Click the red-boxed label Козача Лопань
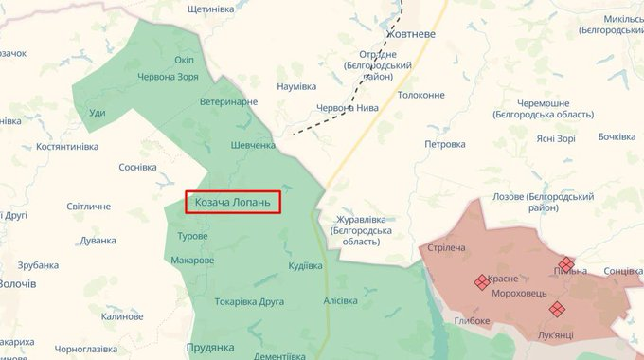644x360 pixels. tap(233, 202)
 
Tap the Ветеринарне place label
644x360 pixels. tap(228, 101)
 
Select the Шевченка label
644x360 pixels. tap(253, 145)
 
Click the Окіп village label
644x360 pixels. tap(185, 61)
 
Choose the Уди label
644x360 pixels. tap(97, 114)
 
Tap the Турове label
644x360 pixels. tap(192, 235)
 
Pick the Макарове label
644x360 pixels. tap(192, 260)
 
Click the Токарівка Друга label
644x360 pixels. tap(250, 302)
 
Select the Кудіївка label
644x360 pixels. tap(305, 265)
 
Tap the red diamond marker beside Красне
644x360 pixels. tap(481, 281)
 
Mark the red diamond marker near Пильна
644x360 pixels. tap(566, 264)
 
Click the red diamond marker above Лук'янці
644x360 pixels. tap(557, 308)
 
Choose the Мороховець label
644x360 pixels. tap(519, 295)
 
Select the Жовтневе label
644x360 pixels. tap(409, 34)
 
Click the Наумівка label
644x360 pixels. tap(295, 86)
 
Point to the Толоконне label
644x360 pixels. tap(421, 95)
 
